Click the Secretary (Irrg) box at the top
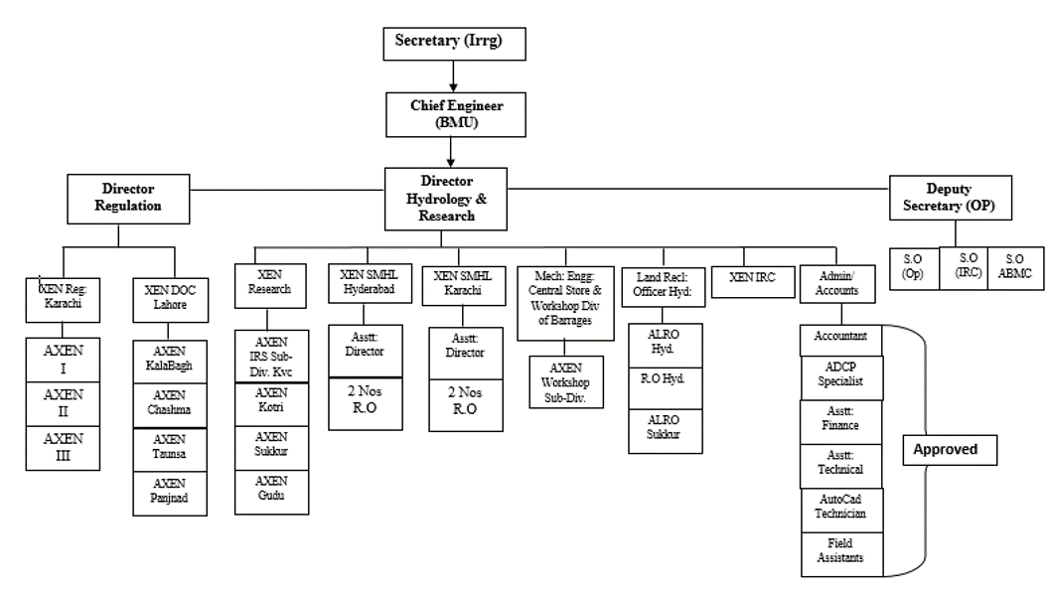452,43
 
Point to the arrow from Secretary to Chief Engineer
452,74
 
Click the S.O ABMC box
1015,267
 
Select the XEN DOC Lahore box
170,297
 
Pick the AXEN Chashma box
170,405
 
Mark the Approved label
947,449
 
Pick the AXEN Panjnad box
170,493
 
